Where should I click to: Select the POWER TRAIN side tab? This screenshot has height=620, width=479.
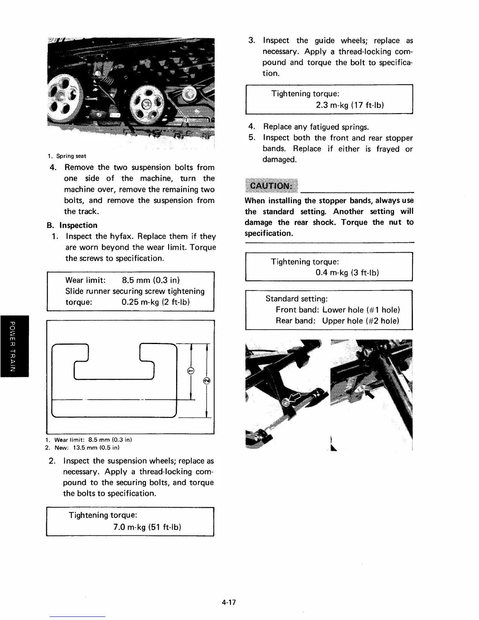[x=14, y=346]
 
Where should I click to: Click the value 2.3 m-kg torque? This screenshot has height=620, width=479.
[x=349, y=105]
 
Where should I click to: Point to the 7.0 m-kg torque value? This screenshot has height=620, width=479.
[x=147, y=527]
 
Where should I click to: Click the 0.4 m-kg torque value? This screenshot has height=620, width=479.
[x=347, y=273]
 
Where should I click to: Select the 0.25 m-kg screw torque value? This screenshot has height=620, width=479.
[x=156, y=302]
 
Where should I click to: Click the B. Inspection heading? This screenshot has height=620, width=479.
[x=72, y=225]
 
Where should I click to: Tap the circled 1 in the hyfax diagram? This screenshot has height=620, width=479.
[x=191, y=370]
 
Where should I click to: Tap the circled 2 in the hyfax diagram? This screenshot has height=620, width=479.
[x=207, y=380]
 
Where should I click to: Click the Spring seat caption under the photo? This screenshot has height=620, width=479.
[x=71, y=156]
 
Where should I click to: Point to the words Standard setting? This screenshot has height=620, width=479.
[x=297, y=299]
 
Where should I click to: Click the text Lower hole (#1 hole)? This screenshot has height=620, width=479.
[x=361, y=310]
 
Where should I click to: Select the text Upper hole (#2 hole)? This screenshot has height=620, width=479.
[x=360, y=321]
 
